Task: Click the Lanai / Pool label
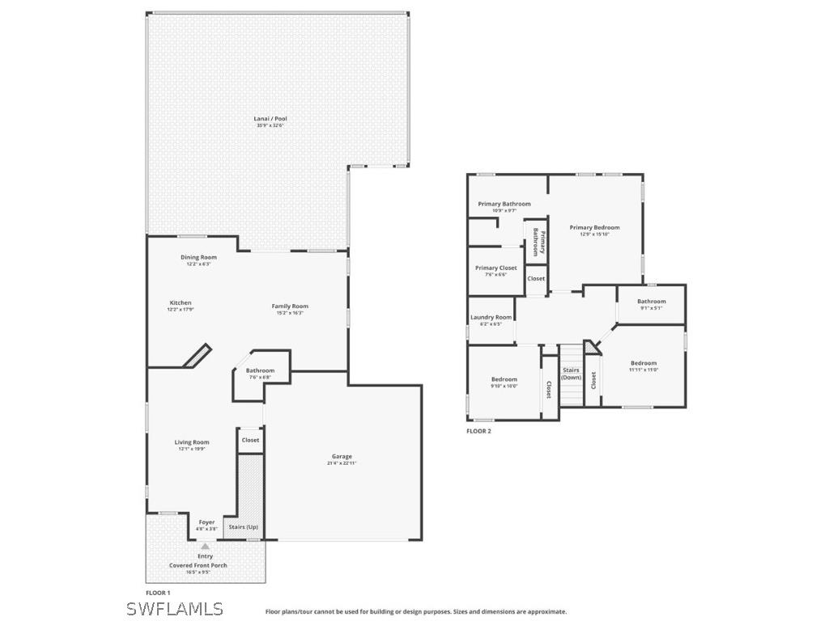tap(270, 119)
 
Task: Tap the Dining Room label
tap(198, 257)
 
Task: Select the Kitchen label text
tap(181, 303)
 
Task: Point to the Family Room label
tap(290, 306)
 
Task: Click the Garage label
tap(342, 457)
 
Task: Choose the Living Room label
tap(193, 442)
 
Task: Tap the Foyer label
tap(207, 522)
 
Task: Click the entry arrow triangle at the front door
tap(206, 547)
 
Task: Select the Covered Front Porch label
tap(198, 565)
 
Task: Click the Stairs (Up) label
tap(244, 527)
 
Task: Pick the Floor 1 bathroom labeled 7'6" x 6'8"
tap(260, 371)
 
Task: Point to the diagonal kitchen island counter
tap(197, 357)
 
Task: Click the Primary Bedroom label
tap(594, 228)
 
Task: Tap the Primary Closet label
tap(495, 268)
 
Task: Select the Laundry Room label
tap(491, 318)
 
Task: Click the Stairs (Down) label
tap(572, 374)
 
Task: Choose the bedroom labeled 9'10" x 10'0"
tap(504, 379)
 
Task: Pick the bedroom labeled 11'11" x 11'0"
tap(644, 363)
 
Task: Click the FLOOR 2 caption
tap(478, 431)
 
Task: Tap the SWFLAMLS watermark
tap(175, 608)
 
